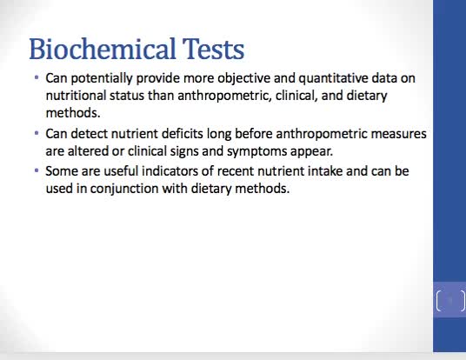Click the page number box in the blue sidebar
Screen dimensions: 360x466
(x=449, y=302)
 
